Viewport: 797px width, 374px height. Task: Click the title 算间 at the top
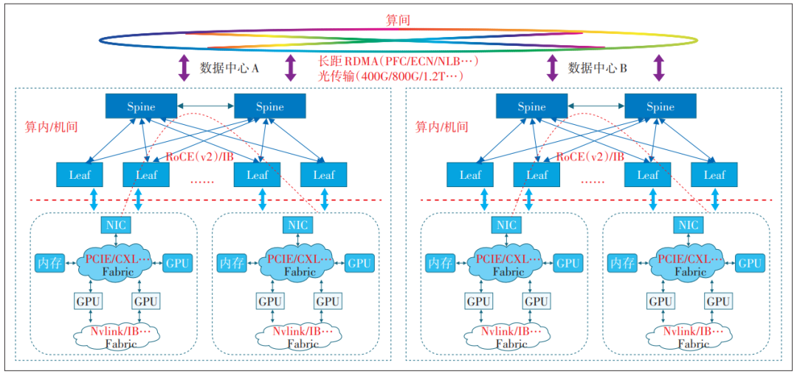click(x=398, y=20)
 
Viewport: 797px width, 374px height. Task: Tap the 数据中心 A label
click(x=230, y=68)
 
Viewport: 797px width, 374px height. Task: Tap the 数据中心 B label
click(x=598, y=68)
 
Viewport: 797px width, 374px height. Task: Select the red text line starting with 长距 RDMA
click(x=398, y=61)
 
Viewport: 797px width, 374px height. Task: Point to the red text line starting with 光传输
click(x=390, y=75)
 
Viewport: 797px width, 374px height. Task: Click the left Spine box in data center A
click(x=141, y=106)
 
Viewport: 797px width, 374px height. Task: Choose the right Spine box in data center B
click(x=660, y=106)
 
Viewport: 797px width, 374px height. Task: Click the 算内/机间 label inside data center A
click(x=51, y=126)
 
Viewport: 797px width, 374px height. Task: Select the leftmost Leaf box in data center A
click(x=80, y=175)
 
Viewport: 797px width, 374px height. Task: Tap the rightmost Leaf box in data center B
click(x=714, y=175)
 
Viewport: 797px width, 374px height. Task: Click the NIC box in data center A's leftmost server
click(x=115, y=225)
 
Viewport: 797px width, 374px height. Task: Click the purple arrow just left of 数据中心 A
click(x=183, y=68)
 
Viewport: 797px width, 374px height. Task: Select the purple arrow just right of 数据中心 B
click(x=659, y=68)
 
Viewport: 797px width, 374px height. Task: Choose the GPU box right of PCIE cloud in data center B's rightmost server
click(x=750, y=262)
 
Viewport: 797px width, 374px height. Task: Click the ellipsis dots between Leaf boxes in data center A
click(x=202, y=180)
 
